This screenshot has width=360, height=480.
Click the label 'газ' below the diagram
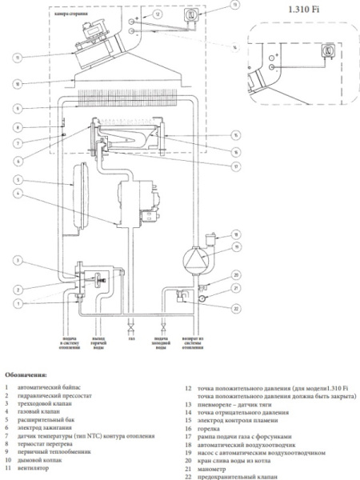click(x=131, y=339)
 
